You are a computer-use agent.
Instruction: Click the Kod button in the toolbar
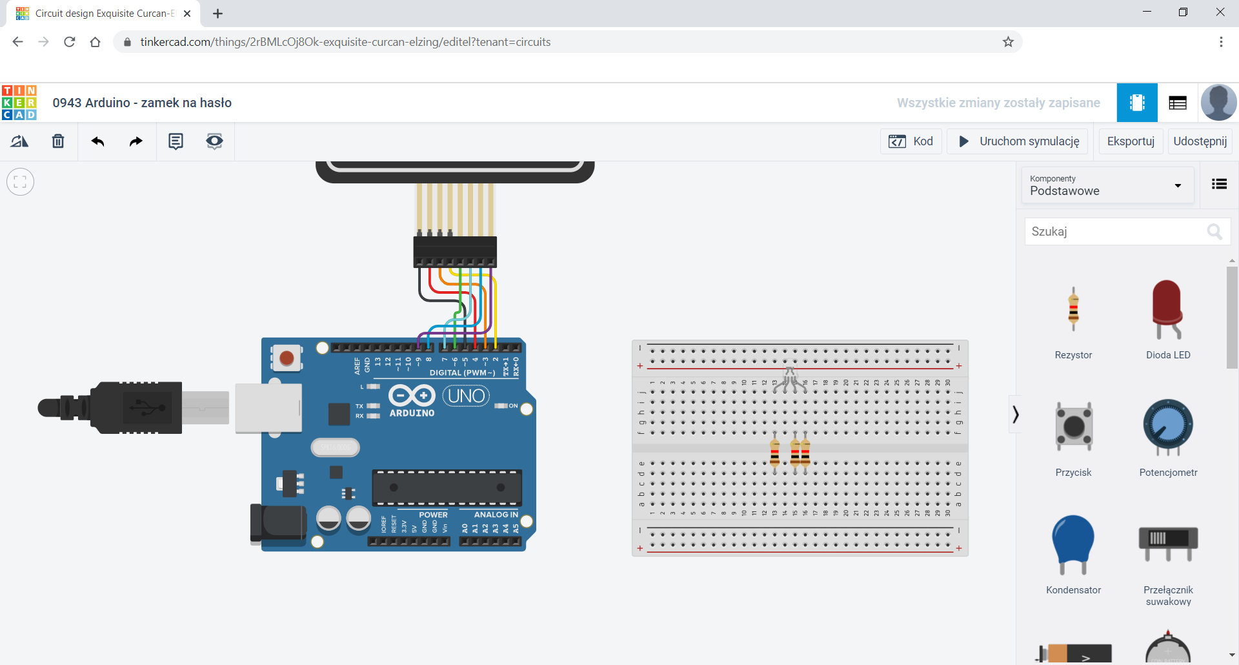click(911, 141)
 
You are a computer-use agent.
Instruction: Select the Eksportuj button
click(1131, 141)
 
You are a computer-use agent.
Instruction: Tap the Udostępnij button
click(1200, 141)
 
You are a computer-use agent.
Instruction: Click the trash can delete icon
click(58, 141)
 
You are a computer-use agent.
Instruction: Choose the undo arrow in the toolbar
click(97, 141)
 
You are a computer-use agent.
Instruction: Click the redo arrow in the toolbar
click(136, 141)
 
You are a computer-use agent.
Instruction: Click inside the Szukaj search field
click(1116, 231)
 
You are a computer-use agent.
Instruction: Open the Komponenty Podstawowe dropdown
click(1107, 185)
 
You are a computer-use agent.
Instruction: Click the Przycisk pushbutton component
click(1074, 426)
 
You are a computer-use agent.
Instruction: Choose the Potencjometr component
click(1168, 426)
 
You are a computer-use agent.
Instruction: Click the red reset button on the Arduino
click(287, 358)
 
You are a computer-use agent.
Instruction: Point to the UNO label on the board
click(466, 395)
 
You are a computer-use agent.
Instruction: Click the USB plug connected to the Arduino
click(136, 407)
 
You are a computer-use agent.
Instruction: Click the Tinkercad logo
click(19, 103)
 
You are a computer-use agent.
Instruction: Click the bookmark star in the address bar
click(1008, 42)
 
